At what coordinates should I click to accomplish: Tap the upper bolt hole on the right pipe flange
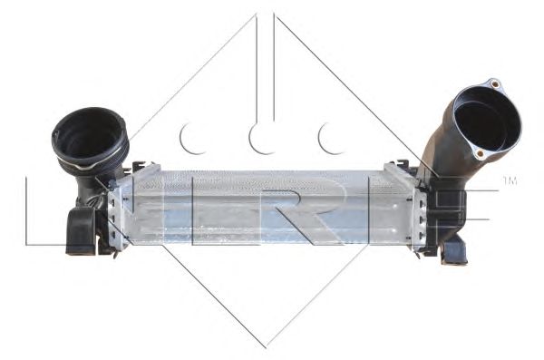coord(493,84)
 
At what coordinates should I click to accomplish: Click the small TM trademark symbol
coord(510,180)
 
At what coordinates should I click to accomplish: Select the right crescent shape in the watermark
coord(330,137)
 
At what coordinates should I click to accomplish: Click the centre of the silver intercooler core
coord(263,207)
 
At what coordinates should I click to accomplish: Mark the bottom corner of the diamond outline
coord(265,345)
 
